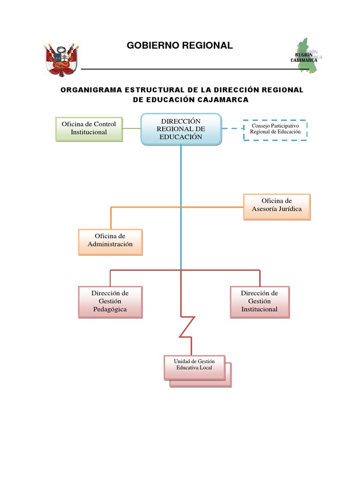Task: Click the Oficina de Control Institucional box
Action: (x=89, y=128)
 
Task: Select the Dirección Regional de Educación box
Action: (x=181, y=129)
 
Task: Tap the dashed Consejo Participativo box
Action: (x=275, y=129)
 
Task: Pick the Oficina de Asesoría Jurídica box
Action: (x=277, y=206)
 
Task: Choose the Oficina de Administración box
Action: (x=110, y=241)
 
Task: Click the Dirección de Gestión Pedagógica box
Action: (x=110, y=301)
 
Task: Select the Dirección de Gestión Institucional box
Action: (x=259, y=301)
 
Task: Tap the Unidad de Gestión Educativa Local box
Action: (x=194, y=366)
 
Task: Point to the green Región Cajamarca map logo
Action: (x=307, y=57)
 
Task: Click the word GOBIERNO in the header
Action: (x=150, y=45)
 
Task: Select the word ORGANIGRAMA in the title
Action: (x=89, y=90)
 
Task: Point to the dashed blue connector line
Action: (x=232, y=128)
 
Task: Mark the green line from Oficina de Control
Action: (x=132, y=128)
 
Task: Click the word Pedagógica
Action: (x=110, y=309)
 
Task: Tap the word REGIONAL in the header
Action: (x=210, y=45)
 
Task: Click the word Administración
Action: (x=110, y=244)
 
